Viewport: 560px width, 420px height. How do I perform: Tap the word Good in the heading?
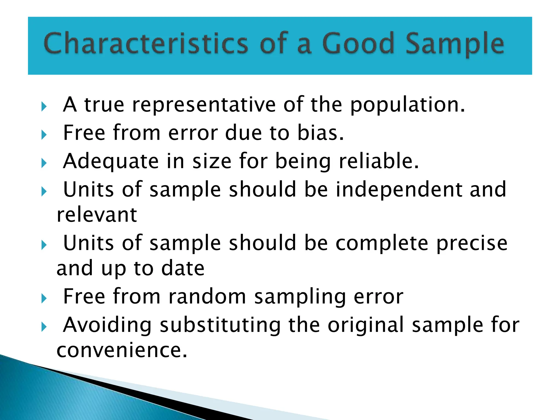tap(358, 43)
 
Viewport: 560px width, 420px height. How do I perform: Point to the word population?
tap(407, 105)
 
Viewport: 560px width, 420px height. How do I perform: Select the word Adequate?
tap(111, 161)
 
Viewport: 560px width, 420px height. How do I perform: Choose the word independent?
tap(399, 189)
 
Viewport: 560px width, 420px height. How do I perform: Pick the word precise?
tap(472, 243)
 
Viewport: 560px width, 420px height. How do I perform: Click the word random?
tap(207, 296)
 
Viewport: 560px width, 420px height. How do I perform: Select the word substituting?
tap(220, 325)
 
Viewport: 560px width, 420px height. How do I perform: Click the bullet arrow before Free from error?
tap(44, 135)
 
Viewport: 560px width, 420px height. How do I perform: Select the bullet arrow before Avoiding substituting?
tap(44, 326)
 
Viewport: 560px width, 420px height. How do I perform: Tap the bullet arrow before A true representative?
tap(44, 106)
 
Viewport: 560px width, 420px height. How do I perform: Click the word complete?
tap(382, 243)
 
